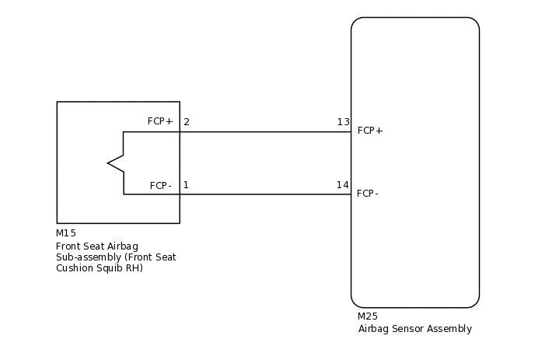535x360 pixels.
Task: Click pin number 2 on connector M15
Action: point(187,122)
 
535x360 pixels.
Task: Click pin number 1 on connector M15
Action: point(186,185)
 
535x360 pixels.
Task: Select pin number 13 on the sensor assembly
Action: point(343,122)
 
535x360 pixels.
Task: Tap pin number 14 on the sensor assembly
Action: point(343,185)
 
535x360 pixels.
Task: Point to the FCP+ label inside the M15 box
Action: point(160,121)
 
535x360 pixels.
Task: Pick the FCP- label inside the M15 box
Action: point(161,186)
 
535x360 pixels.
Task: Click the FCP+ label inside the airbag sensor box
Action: point(370,131)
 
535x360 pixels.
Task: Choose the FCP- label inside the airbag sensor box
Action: point(368,194)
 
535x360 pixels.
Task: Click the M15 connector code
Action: point(66,233)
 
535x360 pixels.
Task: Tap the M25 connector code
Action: point(368,316)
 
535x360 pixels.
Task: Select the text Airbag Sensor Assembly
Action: point(414,329)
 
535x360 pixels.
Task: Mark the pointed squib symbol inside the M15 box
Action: point(115,163)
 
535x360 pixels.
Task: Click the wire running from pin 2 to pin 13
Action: point(264,131)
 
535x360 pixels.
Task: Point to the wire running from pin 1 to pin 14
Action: point(264,194)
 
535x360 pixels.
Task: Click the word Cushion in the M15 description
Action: point(74,268)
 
